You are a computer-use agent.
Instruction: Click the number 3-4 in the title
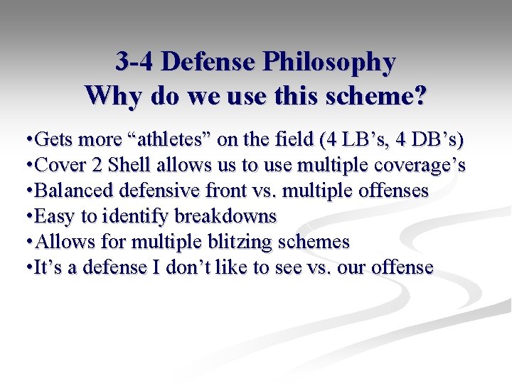click(x=135, y=62)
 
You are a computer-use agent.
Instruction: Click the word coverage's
click(x=420, y=166)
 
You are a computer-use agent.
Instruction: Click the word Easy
click(x=53, y=215)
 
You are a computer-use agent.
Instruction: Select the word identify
click(x=131, y=216)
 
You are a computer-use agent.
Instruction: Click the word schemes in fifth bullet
click(x=314, y=241)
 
